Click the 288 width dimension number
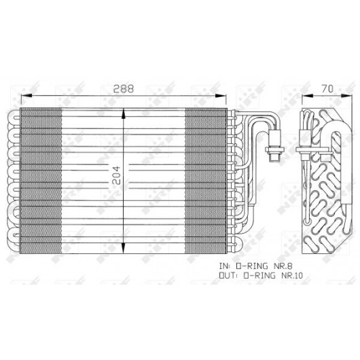pyautogui.click(x=124, y=89)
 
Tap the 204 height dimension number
pyautogui.click(x=116, y=175)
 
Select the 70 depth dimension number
pyautogui.click(x=327, y=89)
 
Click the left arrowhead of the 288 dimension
pyautogui.click(x=26, y=96)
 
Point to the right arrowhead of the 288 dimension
pyautogui.click(x=221, y=96)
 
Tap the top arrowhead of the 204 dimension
pyautogui.click(x=124, y=113)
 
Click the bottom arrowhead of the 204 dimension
pyautogui.click(x=124, y=248)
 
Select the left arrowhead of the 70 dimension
pyautogui.click(x=307, y=96)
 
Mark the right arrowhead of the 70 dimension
pyautogui.click(x=346, y=96)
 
